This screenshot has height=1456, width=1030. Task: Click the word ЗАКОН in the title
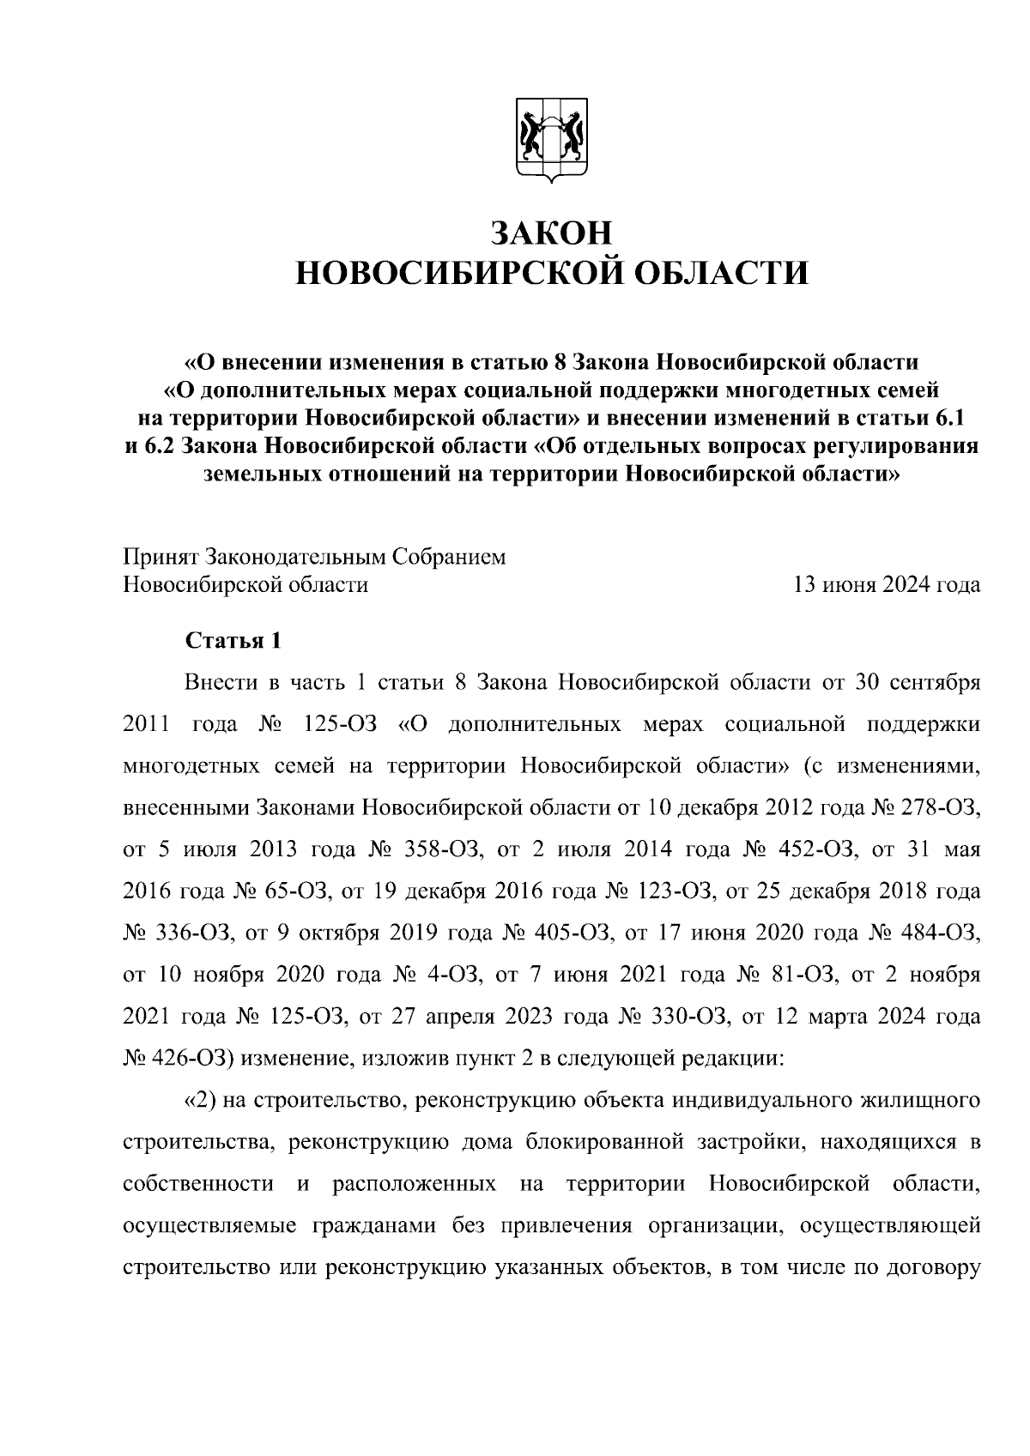click(551, 233)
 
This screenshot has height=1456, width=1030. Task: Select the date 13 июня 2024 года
click(888, 586)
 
